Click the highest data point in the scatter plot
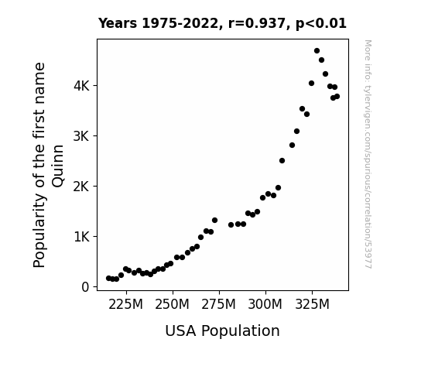click(x=317, y=51)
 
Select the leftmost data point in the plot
click(x=108, y=279)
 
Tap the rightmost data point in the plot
click(x=337, y=97)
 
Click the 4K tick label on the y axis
click(x=81, y=86)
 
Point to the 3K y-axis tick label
click(x=81, y=136)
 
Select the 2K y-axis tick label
click(x=81, y=187)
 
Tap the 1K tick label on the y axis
click(x=82, y=237)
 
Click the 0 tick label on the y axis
click(x=85, y=287)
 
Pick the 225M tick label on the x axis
click(x=125, y=304)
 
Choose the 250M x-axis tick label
click(x=173, y=304)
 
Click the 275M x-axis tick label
click(x=219, y=304)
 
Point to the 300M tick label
click(x=265, y=304)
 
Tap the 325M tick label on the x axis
click(x=312, y=304)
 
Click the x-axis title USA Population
click(x=223, y=331)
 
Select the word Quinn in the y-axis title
click(x=58, y=166)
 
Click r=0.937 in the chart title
click(x=257, y=23)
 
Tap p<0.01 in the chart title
click(x=321, y=23)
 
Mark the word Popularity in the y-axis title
click(x=39, y=230)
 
